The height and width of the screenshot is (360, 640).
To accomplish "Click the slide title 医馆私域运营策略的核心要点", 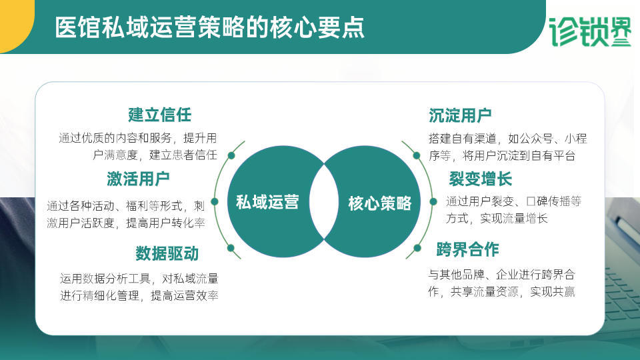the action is click(209, 28).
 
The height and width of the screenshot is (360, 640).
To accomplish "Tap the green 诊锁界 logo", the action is click(590, 32).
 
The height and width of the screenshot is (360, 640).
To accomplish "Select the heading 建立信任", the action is click(159, 115).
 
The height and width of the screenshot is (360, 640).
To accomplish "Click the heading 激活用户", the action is click(139, 179).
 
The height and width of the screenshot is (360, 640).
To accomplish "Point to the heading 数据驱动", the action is click(167, 253).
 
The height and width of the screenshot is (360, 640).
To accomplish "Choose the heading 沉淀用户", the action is click(460, 115).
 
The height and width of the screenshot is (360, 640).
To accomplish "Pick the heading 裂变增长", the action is click(481, 179).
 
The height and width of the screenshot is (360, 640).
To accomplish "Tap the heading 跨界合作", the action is click(468, 249).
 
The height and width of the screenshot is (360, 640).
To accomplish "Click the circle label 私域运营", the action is click(267, 202).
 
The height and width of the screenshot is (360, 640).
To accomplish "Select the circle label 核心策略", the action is click(380, 203).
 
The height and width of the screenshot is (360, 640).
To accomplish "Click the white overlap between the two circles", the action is click(324, 201).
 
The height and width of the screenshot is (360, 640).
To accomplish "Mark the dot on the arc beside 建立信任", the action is click(231, 155).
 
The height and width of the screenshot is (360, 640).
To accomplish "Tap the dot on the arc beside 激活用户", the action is click(215, 201).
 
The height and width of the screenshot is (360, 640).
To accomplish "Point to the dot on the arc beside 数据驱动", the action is click(231, 248).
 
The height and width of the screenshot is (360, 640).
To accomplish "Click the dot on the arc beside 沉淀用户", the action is click(417, 155).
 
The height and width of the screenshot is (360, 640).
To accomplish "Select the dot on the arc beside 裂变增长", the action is click(433, 201).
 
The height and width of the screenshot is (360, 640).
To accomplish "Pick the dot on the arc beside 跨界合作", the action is click(417, 248).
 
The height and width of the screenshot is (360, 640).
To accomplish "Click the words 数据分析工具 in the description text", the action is click(117, 279).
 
